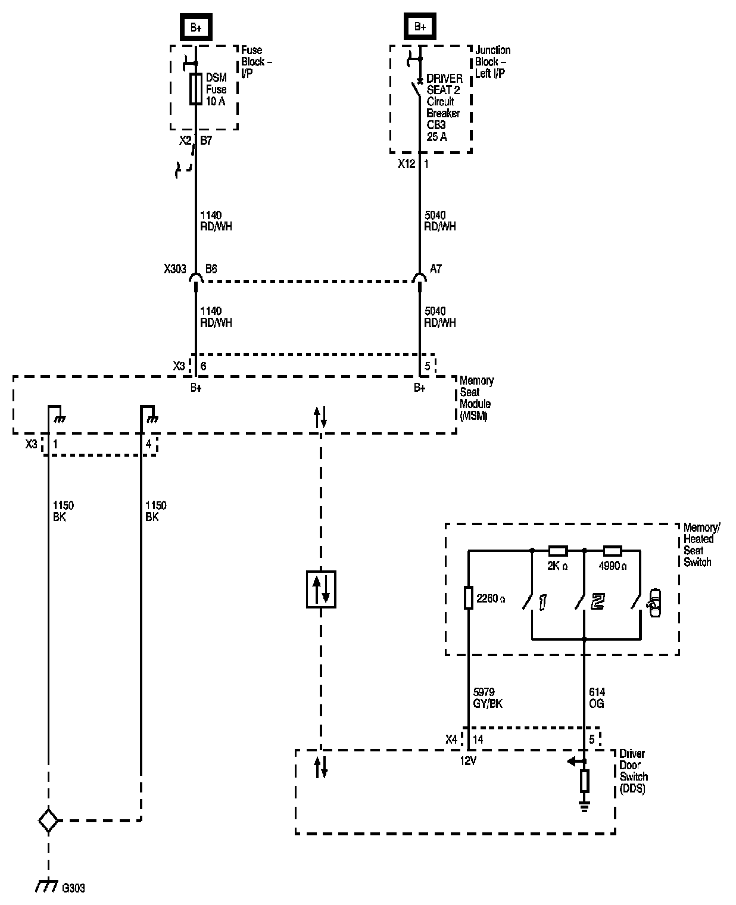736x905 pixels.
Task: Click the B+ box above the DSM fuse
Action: (x=196, y=27)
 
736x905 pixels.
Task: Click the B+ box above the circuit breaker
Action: (x=420, y=27)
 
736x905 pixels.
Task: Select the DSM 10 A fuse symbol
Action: (x=195, y=89)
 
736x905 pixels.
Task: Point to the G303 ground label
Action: (x=73, y=888)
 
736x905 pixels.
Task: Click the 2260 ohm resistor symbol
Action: (x=469, y=597)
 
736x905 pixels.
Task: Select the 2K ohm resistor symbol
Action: (x=557, y=550)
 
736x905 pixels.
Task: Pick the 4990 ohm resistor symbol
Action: (x=612, y=550)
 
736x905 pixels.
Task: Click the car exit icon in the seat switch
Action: (x=653, y=603)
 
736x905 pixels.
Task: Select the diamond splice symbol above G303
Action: (x=48, y=821)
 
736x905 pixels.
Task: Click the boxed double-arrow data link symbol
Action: (x=321, y=589)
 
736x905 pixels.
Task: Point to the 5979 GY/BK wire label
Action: (x=488, y=698)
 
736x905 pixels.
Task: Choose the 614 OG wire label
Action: (x=597, y=698)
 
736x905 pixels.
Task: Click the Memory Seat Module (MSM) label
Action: (x=476, y=398)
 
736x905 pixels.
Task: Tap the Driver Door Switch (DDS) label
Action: (x=634, y=771)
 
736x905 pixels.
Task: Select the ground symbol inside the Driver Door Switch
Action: (x=585, y=806)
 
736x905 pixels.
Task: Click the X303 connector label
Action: (x=175, y=269)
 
